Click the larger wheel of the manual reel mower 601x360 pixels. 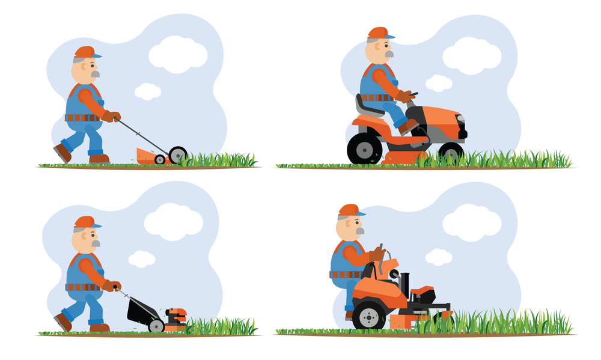(178, 155)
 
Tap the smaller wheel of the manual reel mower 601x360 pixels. (160, 159)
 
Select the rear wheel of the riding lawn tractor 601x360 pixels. (364, 148)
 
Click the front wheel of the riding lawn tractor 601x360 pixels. (451, 152)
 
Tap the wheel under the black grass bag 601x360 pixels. (156, 326)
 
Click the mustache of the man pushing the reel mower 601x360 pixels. (95, 74)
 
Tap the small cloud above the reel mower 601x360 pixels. (147, 91)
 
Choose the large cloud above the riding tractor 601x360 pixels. (472, 55)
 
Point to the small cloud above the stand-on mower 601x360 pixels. (438, 257)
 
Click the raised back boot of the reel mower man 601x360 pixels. (62, 153)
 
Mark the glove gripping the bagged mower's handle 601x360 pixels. (111, 286)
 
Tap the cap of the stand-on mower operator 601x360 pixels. (350, 210)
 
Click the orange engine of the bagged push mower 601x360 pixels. (176, 316)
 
